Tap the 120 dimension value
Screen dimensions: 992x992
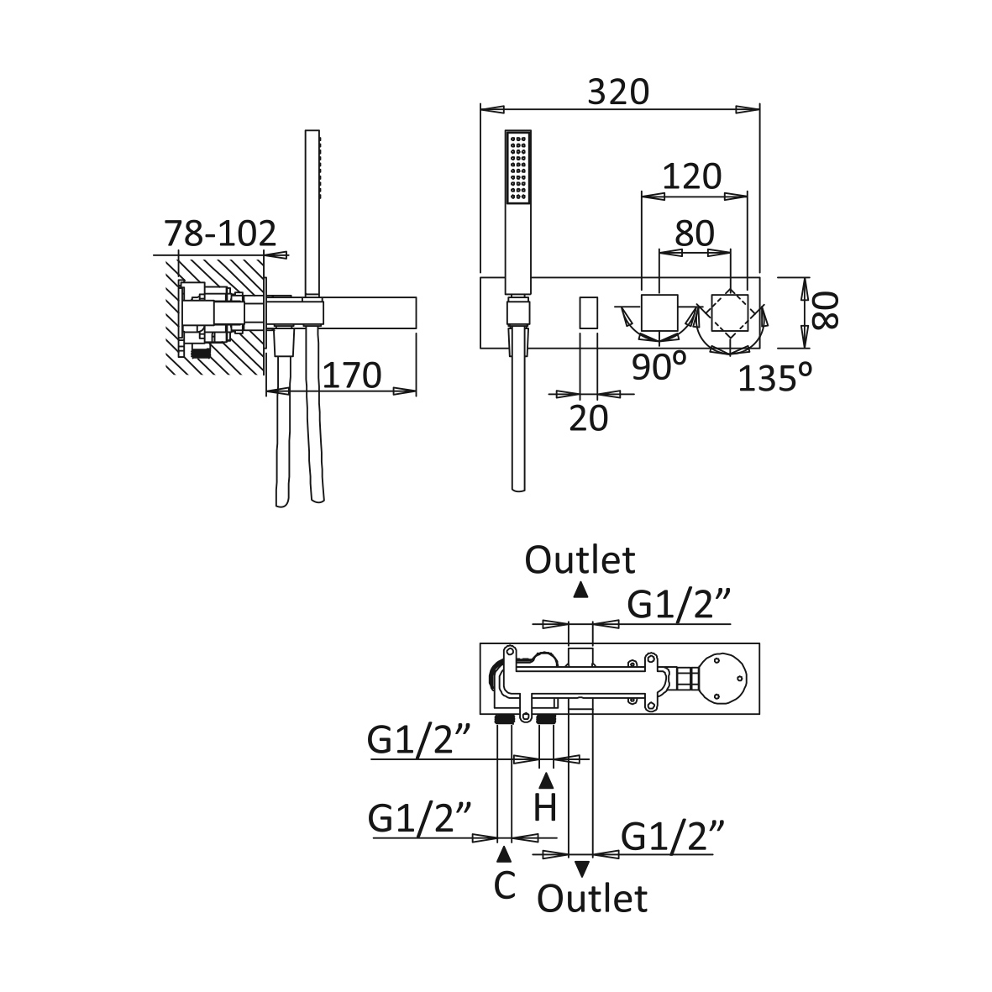[x=692, y=176]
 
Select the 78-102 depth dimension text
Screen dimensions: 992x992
[x=220, y=234]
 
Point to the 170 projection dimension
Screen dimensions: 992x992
[x=352, y=375]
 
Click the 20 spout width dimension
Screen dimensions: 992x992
[x=588, y=417]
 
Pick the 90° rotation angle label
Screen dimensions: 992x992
[x=659, y=367]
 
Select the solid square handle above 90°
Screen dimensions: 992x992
[x=659, y=312]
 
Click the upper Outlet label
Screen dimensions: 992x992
[x=580, y=559]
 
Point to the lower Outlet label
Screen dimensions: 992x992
[x=593, y=898]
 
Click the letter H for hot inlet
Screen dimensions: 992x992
[x=546, y=808]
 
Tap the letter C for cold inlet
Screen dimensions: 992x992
[x=504, y=884]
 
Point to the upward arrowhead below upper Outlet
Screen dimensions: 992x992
[x=580, y=590]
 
